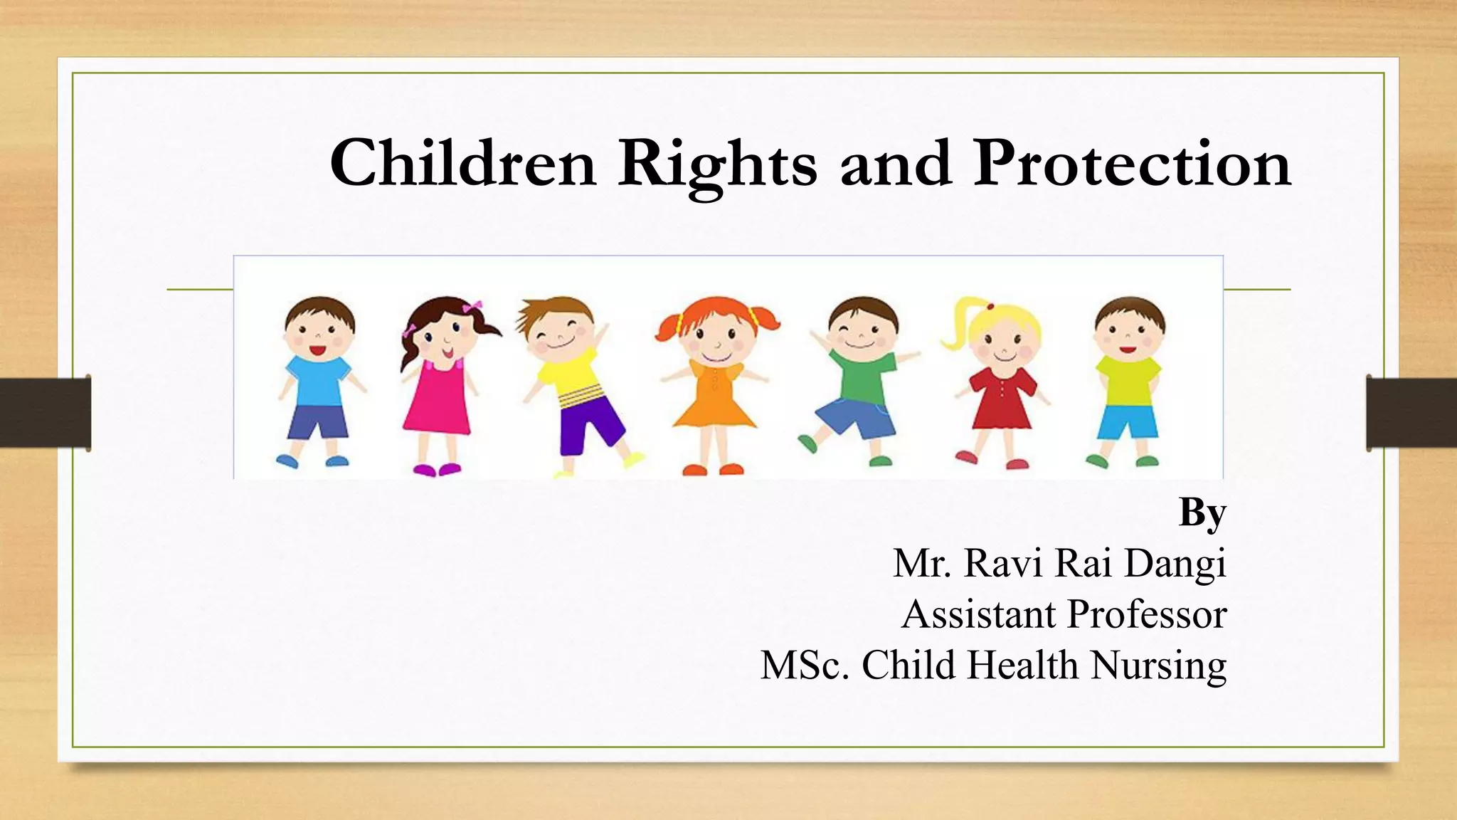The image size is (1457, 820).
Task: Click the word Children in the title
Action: [x=462, y=164]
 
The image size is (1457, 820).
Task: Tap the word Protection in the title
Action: [x=1131, y=164]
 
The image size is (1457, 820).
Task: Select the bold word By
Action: [x=1202, y=512]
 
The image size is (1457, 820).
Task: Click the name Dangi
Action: [x=1175, y=564]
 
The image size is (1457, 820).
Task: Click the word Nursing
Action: [x=1158, y=666]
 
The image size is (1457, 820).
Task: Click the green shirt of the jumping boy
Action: [x=861, y=377]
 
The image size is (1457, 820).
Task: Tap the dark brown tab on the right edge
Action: [x=1411, y=413]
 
